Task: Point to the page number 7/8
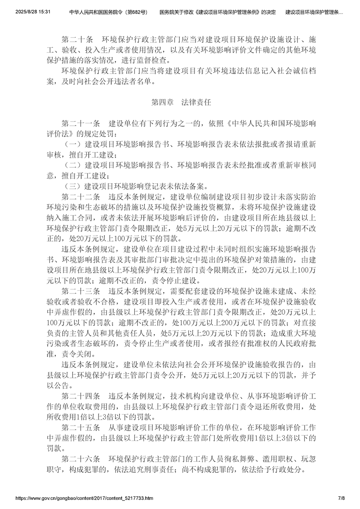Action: click(341, 498)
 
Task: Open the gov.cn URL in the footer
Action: click(84, 498)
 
